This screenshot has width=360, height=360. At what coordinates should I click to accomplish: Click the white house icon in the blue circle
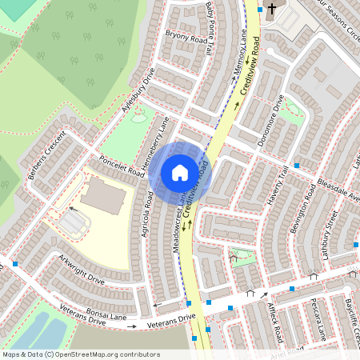[179, 173]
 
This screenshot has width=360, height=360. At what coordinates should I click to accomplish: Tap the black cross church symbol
[272, 10]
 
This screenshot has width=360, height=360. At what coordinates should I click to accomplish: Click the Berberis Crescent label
[46, 155]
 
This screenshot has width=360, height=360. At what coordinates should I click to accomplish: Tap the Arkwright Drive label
[81, 272]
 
